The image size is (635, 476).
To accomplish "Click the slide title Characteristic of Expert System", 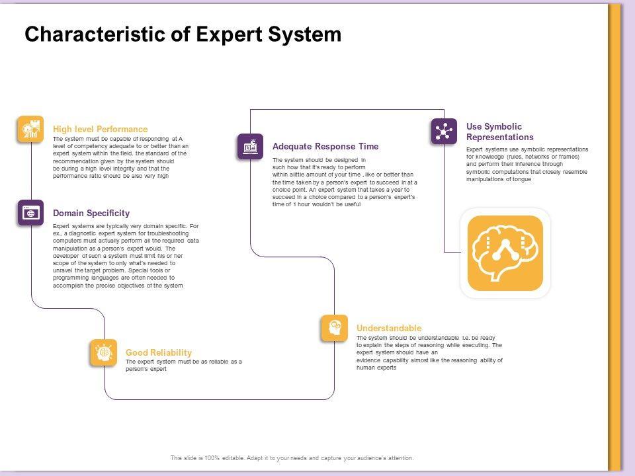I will [x=183, y=34].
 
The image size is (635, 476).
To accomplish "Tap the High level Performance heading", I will [x=100, y=129].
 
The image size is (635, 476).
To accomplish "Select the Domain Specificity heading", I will [x=91, y=213].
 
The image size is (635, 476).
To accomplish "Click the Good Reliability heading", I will [x=158, y=352].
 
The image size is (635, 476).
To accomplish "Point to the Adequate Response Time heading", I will [x=325, y=146].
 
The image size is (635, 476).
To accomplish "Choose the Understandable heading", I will [x=388, y=328].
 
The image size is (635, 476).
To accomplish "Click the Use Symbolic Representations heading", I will [x=499, y=132].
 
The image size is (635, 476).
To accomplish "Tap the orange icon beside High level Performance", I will [x=30, y=129].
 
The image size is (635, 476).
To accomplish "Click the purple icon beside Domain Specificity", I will [x=30, y=213].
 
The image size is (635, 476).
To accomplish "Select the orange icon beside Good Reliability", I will [x=103, y=353].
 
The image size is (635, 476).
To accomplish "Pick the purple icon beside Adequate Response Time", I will [x=250, y=147].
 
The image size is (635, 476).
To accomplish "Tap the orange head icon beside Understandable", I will [x=334, y=329].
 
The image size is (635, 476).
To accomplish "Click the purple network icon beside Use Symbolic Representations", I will [x=444, y=131].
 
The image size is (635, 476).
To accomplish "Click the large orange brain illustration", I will [x=505, y=253].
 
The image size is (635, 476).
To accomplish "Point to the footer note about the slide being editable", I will [x=292, y=457].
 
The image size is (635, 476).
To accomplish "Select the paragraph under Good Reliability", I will [x=183, y=365].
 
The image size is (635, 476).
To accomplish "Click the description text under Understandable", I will [x=429, y=352].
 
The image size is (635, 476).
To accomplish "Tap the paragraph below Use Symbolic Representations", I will [x=527, y=164].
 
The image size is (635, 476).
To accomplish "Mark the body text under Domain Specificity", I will [x=125, y=256].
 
